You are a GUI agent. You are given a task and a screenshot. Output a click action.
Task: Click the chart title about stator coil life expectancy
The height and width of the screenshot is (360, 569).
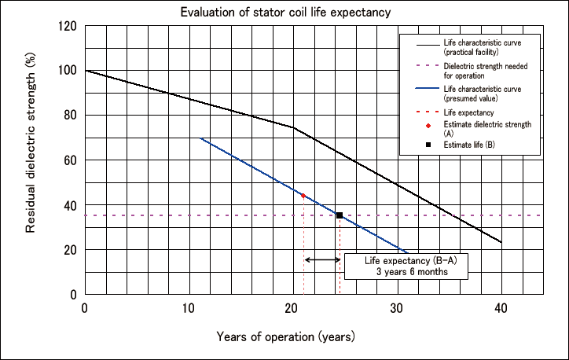(284, 12)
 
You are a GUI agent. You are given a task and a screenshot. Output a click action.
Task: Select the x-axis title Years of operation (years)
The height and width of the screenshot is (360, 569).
(286, 336)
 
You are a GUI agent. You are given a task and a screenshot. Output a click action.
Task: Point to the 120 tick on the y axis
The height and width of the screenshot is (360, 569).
(67, 26)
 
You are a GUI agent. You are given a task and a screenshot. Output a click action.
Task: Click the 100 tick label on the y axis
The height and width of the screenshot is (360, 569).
(67, 71)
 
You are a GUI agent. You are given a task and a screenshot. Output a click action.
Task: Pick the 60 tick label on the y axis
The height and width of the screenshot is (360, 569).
(70, 160)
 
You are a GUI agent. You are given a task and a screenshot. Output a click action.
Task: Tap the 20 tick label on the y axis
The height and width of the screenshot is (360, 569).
(70, 250)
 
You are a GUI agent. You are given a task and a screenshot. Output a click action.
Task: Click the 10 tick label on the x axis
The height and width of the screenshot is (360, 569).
(189, 307)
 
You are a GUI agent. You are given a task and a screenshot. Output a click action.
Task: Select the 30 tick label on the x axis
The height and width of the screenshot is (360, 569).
(397, 307)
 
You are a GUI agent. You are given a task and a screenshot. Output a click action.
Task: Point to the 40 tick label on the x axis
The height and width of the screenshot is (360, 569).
(501, 307)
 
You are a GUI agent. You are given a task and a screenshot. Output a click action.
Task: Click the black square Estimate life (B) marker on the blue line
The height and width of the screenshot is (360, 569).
(340, 215)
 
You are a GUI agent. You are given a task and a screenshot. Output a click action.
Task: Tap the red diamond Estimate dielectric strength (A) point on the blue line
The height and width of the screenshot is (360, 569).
(303, 195)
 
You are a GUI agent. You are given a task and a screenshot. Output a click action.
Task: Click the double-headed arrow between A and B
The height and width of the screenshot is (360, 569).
(321, 259)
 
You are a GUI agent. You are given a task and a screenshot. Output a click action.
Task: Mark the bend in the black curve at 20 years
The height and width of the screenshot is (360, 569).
(293, 127)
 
